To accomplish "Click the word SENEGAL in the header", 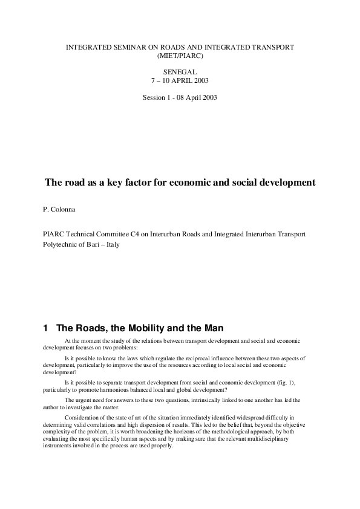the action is pyautogui.click(x=180, y=71).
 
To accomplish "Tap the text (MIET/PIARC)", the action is pyautogui.click(x=180, y=55).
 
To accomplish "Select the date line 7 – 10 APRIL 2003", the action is pyautogui.click(x=180, y=80).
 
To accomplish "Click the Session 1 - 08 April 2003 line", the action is pyautogui.click(x=180, y=97).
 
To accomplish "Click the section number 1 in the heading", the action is pyautogui.click(x=45, y=328).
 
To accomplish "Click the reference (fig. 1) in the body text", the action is pyautogui.click(x=304, y=383).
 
